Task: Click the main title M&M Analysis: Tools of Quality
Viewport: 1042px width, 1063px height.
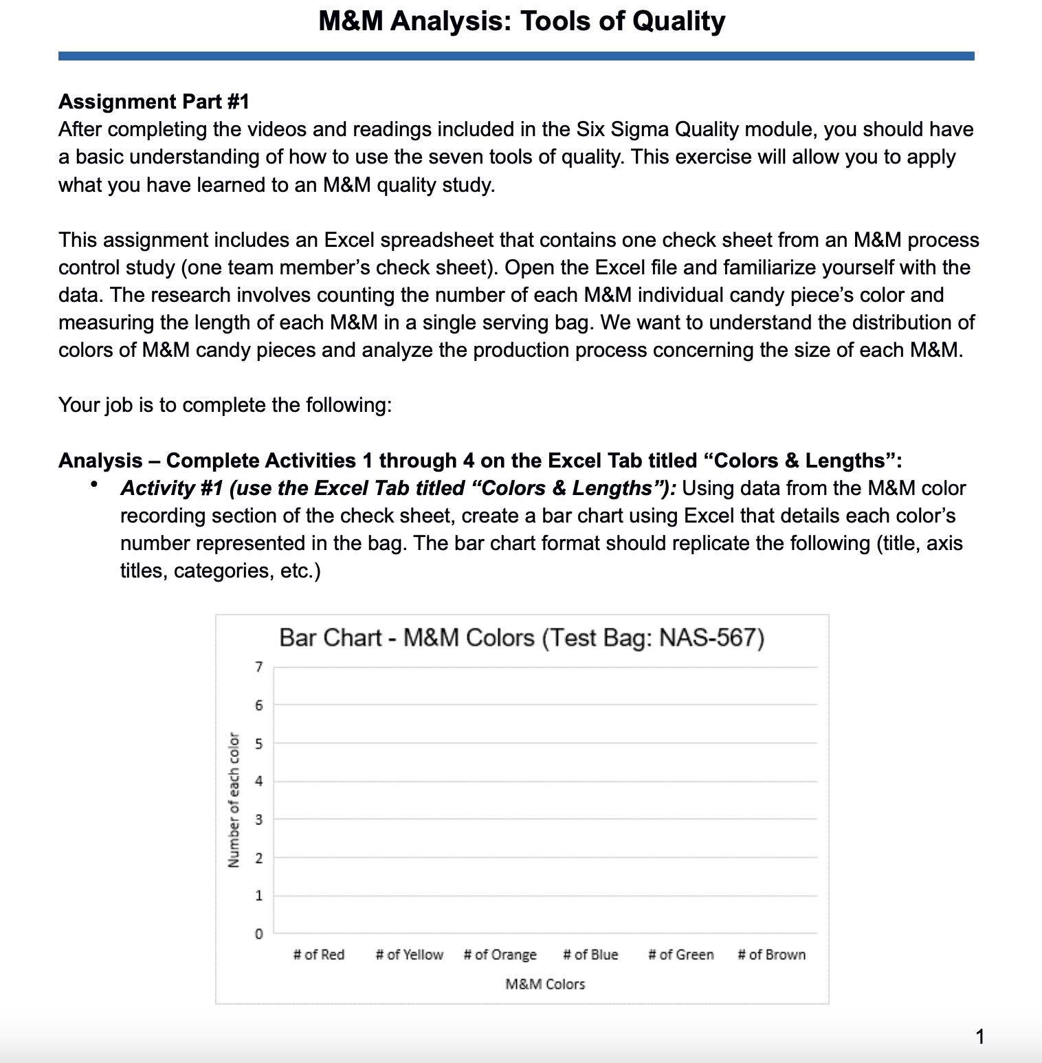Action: (x=522, y=21)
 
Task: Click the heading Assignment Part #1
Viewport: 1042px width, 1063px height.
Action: (x=154, y=102)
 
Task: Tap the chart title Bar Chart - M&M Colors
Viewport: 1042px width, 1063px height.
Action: (x=522, y=638)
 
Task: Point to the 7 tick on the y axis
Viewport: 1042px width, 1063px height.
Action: (x=258, y=666)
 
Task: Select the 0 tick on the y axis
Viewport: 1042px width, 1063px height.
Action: (x=258, y=934)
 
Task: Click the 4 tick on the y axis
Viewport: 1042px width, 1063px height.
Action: (x=258, y=781)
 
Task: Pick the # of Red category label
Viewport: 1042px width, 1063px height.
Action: (x=319, y=954)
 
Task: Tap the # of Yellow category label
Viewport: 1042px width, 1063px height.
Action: (x=410, y=954)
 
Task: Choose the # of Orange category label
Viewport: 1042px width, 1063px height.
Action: (x=500, y=954)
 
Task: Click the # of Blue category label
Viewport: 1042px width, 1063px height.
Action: (x=590, y=954)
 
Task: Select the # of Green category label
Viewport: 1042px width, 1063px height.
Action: (x=681, y=954)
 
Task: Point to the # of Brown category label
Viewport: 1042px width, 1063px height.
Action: (x=772, y=954)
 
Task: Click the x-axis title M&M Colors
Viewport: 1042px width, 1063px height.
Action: (x=545, y=984)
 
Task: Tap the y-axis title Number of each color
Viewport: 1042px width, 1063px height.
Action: (x=234, y=800)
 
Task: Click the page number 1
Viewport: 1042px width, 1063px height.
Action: (x=980, y=1036)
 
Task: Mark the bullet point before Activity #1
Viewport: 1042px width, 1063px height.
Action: (x=93, y=485)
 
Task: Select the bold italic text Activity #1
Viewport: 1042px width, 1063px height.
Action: (x=172, y=488)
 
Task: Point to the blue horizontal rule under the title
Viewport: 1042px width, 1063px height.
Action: (x=516, y=56)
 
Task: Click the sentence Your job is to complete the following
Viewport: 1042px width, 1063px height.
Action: (x=225, y=405)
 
